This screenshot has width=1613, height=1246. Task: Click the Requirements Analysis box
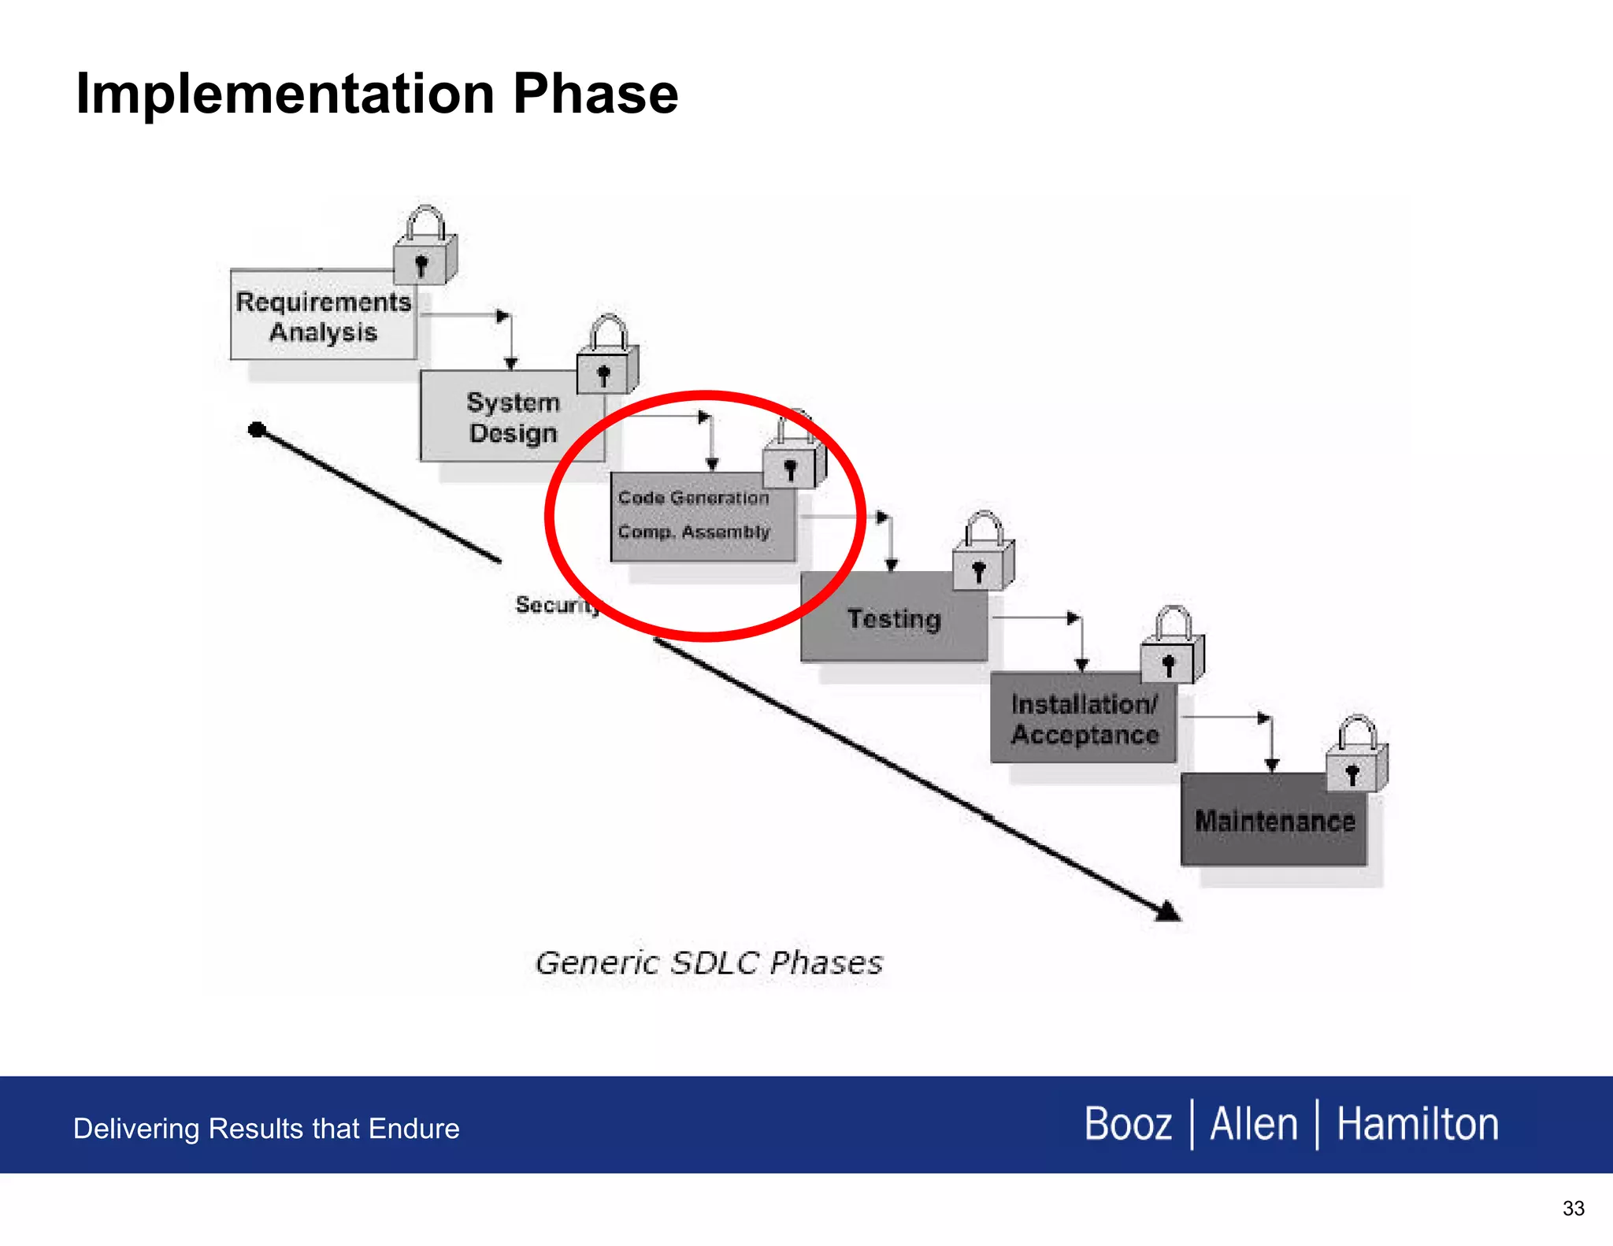tap(323, 316)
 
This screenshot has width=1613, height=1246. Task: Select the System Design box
tap(512, 417)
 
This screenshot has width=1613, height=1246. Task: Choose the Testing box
tap(893, 618)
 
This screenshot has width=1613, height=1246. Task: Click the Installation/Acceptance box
tap(1084, 719)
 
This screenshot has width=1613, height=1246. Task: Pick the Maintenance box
tap(1274, 821)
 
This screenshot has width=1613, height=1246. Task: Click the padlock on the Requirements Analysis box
tap(425, 248)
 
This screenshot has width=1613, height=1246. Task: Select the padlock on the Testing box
tap(982, 554)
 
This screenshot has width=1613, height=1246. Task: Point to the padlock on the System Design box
tap(606, 358)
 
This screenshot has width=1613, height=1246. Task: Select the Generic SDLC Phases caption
tap(709, 962)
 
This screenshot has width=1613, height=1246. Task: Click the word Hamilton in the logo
tap(1417, 1124)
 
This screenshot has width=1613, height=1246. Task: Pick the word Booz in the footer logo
tap(1128, 1124)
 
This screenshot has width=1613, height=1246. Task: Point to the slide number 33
tap(1573, 1208)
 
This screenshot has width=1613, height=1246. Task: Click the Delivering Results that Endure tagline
tap(266, 1129)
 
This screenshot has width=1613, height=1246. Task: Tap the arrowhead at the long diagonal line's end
tap(1168, 912)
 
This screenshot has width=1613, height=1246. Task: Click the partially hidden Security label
tap(556, 605)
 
